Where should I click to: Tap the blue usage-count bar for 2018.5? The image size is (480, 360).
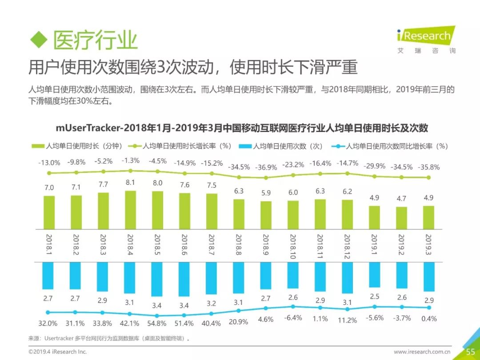point(157,279)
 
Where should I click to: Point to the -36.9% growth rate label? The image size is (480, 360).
point(266,167)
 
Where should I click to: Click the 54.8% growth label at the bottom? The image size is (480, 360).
point(156,323)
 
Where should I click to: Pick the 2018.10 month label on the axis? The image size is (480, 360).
point(292,247)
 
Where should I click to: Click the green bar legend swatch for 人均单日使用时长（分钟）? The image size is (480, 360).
point(38,146)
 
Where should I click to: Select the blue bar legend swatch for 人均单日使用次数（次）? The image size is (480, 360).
point(245,146)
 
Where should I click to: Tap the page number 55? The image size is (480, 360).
point(470,352)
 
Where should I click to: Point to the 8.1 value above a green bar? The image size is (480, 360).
point(130,182)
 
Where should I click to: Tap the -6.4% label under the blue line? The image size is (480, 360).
point(292,318)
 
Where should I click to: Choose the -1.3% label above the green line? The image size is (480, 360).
point(130,160)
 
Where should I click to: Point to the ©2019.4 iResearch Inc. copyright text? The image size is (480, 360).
point(57,352)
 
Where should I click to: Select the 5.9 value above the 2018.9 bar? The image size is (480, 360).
point(266,193)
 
